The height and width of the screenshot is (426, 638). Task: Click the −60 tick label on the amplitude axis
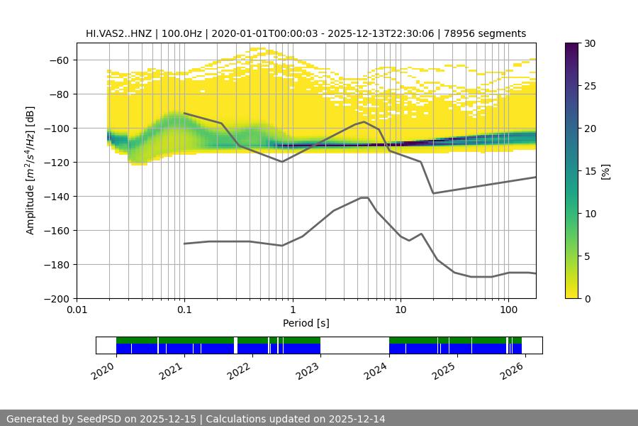tap(59, 60)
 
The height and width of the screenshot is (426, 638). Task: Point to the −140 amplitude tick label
tap(56, 197)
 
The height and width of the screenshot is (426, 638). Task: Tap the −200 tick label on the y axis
tap(56, 299)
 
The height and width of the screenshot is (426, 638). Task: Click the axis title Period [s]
tap(306, 324)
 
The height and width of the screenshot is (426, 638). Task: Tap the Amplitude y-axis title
tap(30, 170)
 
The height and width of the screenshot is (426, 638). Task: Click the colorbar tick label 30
tap(590, 44)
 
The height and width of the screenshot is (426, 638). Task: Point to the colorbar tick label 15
tap(590, 171)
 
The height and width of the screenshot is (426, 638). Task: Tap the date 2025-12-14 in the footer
tap(357, 419)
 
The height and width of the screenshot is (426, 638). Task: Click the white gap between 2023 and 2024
tap(354, 345)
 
